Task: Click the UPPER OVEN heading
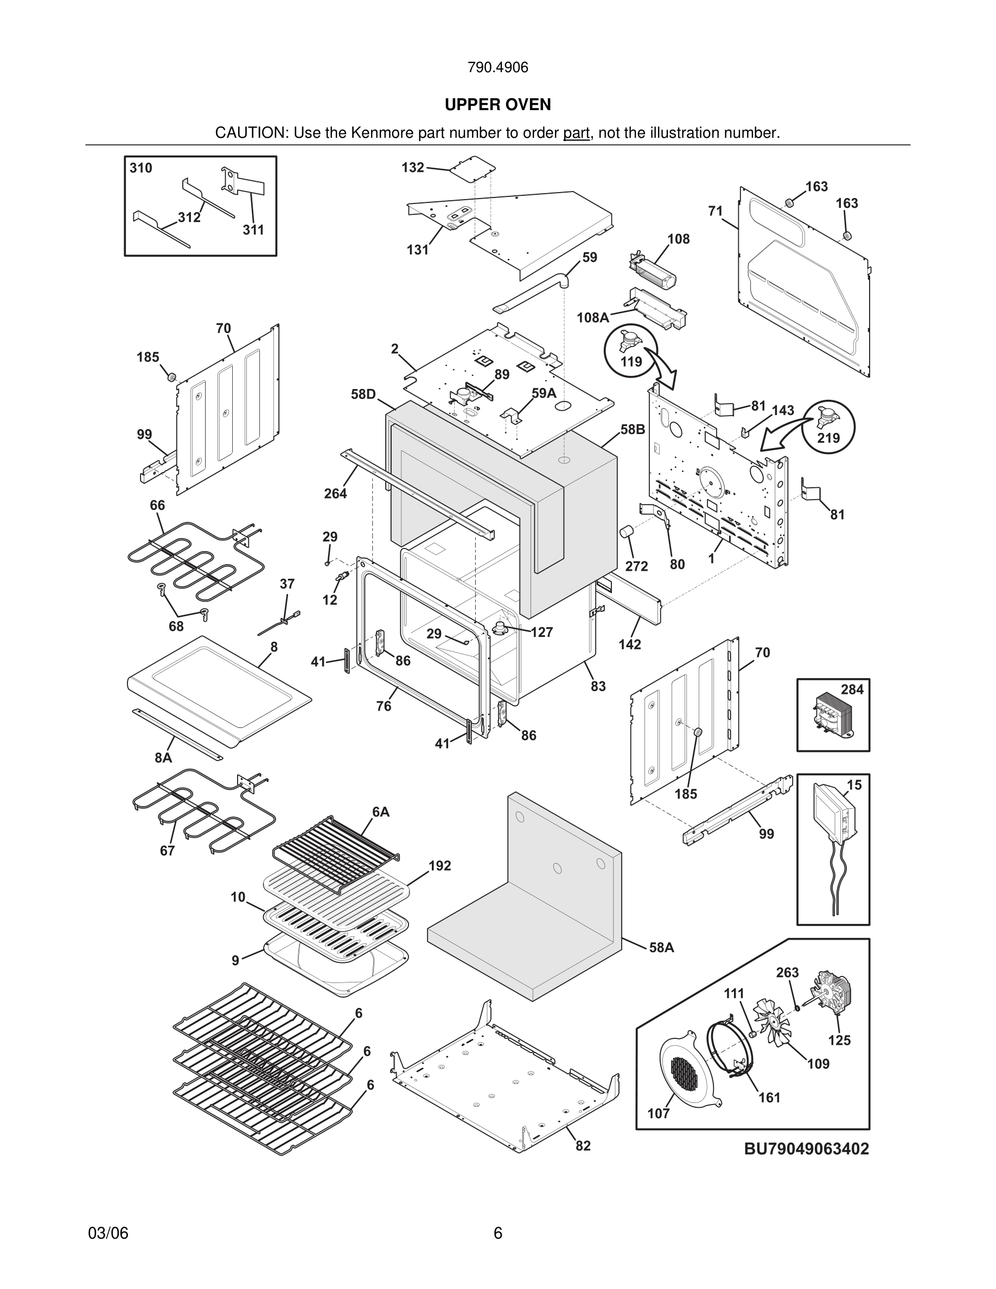pyautogui.click(x=497, y=105)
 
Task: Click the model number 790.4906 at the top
pyautogui.click(x=497, y=68)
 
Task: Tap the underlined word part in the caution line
pyautogui.click(x=576, y=133)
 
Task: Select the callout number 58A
pyautogui.click(x=661, y=948)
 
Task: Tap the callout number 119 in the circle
pyautogui.click(x=631, y=361)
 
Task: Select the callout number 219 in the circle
pyautogui.click(x=828, y=438)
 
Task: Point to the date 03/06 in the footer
pyautogui.click(x=108, y=1233)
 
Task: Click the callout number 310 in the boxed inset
pyautogui.click(x=141, y=168)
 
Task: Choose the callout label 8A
pyautogui.click(x=163, y=758)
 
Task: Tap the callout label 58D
pyautogui.click(x=363, y=394)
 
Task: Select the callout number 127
pyautogui.click(x=541, y=633)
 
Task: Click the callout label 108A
pyautogui.click(x=592, y=318)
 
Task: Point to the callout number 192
pyautogui.click(x=439, y=866)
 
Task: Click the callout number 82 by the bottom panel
pyautogui.click(x=583, y=1146)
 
